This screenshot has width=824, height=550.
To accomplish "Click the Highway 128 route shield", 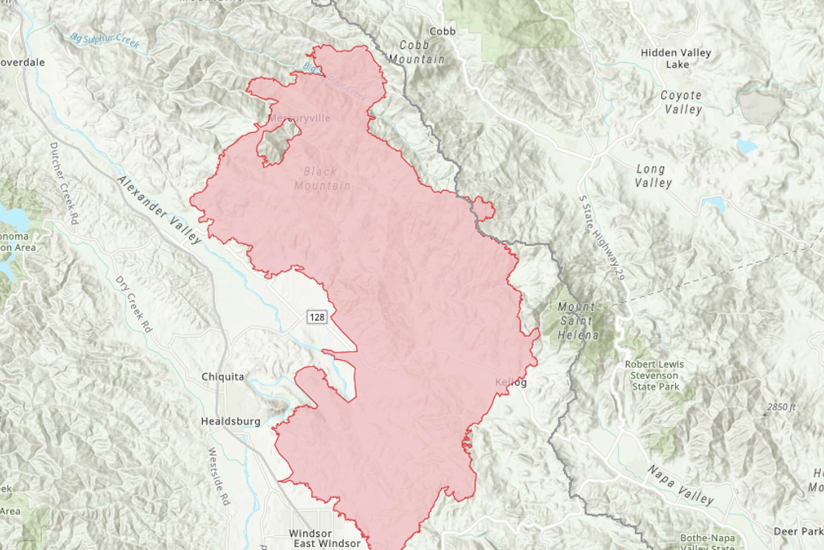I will pyautogui.click(x=317, y=317).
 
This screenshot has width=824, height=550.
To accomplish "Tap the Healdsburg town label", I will pyautogui.click(x=230, y=421).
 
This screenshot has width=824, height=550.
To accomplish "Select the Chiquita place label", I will pyautogui.click(x=223, y=377).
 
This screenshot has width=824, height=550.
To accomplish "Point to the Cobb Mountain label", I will pyautogui.click(x=416, y=52).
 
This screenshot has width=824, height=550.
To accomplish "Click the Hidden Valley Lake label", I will pyautogui.click(x=676, y=58).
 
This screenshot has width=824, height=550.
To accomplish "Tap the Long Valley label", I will pyautogui.click(x=652, y=176).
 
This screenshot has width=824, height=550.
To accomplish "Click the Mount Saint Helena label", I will pyautogui.click(x=577, y=321).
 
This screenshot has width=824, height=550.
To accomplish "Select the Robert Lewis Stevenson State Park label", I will pyautogui.click(x=654, y=375).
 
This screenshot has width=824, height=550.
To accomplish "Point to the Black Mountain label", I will pyautogui.click(x=322, y=178).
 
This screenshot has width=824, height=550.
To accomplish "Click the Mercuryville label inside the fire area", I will pyautogui.click(x=299, y=118).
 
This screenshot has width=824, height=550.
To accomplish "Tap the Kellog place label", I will pyautogui.click(x=511, y=382).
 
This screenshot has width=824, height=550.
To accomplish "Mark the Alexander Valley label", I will pyautogui.click(x=159, y=210).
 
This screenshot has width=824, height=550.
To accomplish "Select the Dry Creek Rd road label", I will pyautogui.click(x=133, y=304).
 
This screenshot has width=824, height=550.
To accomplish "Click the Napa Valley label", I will pyautogui.click(x=681, y=485).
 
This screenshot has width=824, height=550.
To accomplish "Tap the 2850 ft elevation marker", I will pyautogui.click(x=781, y=407).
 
